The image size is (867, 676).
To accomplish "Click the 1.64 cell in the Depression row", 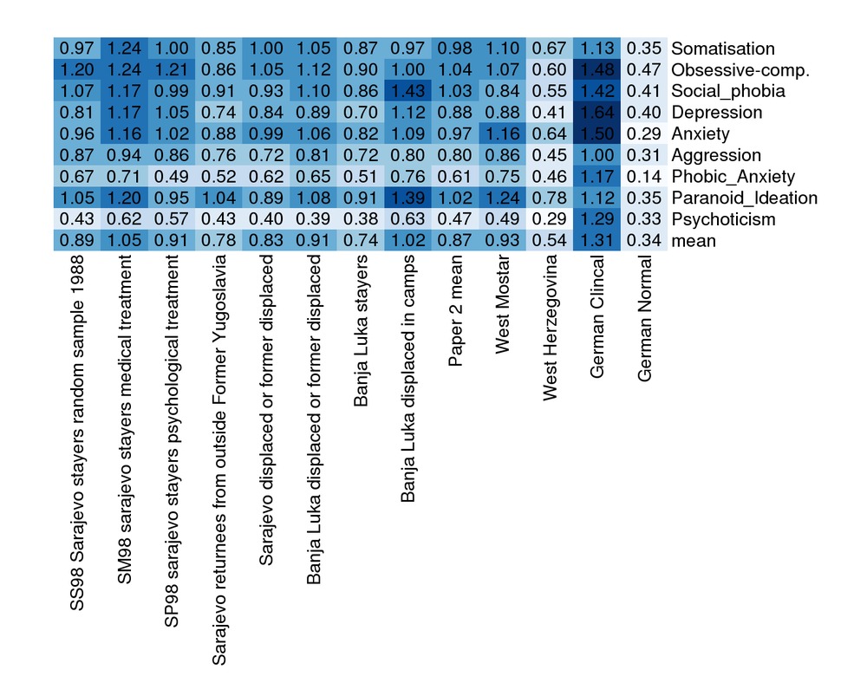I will tap(597, 113).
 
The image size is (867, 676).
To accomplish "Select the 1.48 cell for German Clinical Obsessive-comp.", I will tap(597, 70).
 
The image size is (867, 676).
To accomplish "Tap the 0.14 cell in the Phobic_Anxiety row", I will tap(642, 177).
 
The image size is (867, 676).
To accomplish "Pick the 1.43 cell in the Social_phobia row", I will tap(409, 91).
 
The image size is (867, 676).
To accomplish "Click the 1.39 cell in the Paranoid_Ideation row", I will tap(409, 198).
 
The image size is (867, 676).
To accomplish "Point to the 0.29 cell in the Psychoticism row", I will tap(551, 219).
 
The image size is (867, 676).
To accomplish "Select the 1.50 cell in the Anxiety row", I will tap(597, 134).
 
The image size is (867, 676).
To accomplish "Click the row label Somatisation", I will tap(722, 49).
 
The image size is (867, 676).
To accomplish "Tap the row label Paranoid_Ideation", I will tap(744, 198).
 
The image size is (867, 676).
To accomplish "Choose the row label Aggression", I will tap(715, 155).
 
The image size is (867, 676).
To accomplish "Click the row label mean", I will tap(694, 241).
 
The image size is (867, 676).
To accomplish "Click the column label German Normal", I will tap(644, 320).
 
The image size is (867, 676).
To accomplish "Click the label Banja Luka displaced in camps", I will tap(409, 376).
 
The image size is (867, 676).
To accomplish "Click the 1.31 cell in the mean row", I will tap(597, 241).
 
